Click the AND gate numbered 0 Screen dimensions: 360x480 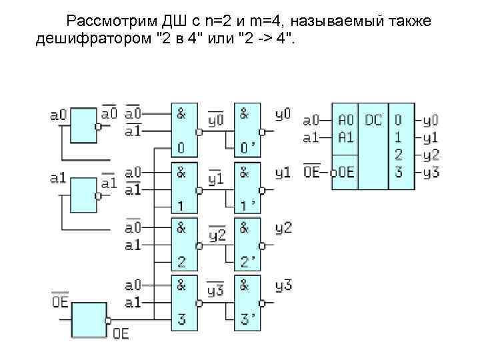tap(185, 131)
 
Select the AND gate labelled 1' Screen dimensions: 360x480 tap(247, 187)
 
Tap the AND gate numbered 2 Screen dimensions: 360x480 tap(185, 244)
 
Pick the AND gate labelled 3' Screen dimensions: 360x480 tap(247, 301)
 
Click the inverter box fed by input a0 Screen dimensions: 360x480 tap(83, 125)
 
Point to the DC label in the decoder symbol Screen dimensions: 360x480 tap(373, 121)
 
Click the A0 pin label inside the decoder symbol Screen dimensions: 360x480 tap(345, 121)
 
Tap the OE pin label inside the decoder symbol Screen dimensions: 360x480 tap(345, 172)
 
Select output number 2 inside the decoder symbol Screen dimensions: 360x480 tap(398, 155)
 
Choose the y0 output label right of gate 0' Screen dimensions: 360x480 tap(283, 114)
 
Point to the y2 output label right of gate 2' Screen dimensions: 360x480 tap(283, 228)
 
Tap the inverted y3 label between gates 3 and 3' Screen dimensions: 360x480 tap(215, 291)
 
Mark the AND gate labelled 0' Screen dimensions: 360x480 tap(247, 131)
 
